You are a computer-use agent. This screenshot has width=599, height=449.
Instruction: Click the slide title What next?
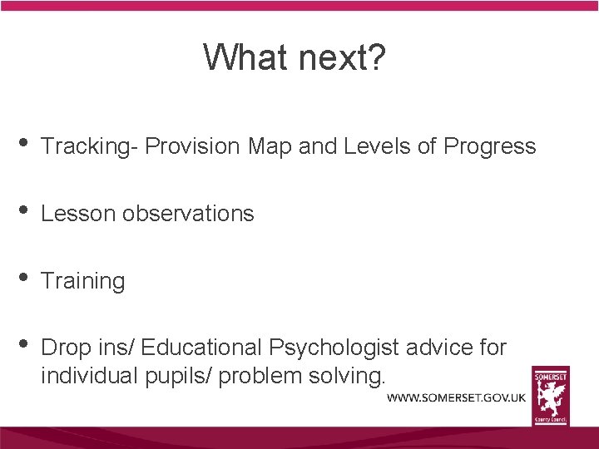(x=294, y=57)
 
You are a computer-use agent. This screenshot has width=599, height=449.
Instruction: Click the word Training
(x=82, y=281)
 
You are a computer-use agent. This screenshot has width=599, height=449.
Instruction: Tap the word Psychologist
(x=332, y=347)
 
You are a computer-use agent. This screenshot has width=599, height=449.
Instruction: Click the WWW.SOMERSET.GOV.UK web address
(x=456, y=397)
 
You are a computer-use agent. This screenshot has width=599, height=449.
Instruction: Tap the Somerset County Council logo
(x=551, y=395)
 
